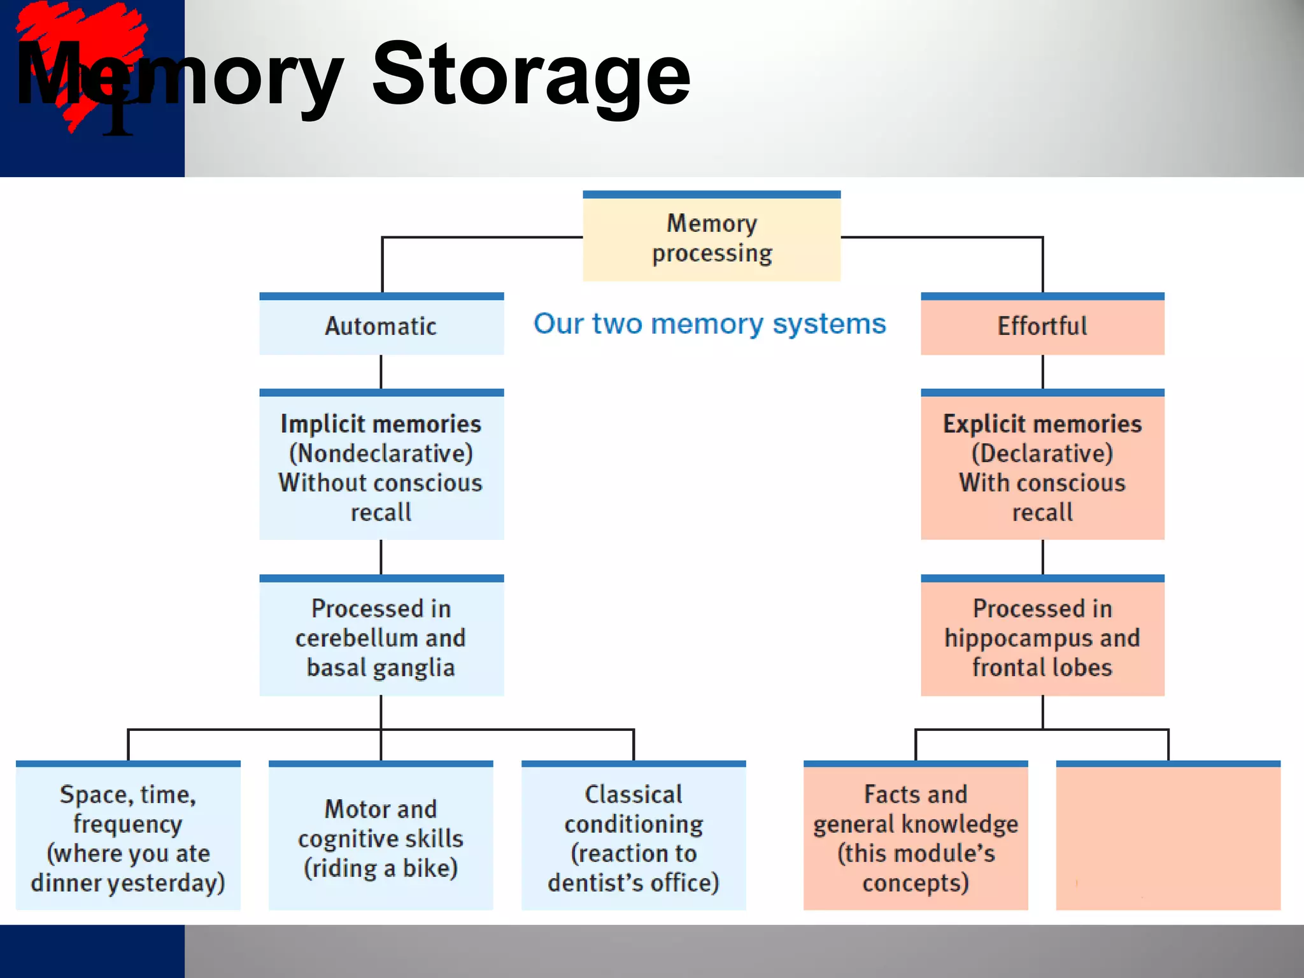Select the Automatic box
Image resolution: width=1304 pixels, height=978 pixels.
(x=381, y=325)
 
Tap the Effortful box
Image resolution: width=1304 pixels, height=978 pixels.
(x=1042, y=325)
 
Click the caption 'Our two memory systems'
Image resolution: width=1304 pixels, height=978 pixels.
(x=709, y=323)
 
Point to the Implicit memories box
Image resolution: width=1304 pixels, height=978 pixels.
(x=381, y=467)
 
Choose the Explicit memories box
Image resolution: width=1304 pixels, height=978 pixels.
(x=1042, y=467)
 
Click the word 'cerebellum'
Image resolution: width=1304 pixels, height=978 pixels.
(x=348, y=638)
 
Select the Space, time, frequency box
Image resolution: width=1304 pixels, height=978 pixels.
(x=128, y=837)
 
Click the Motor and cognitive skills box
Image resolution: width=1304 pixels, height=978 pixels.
(x=381, y=837)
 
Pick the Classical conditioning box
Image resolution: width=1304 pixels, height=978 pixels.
(x=634, y=837)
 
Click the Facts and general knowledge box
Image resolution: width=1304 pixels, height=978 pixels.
(x=916, y=837)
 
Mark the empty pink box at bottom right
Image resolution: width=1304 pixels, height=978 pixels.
(x=1168, y=837)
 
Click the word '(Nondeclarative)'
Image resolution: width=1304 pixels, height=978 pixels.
(x=381, y=453)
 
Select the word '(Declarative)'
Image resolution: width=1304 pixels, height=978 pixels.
(x=1042, y=453)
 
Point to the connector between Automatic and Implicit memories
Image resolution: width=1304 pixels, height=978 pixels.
(x=381, y=372)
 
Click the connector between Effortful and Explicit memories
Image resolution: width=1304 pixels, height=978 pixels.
(x=1042, y=372)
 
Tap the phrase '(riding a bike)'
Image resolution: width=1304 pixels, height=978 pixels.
(x=381, y=868)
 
